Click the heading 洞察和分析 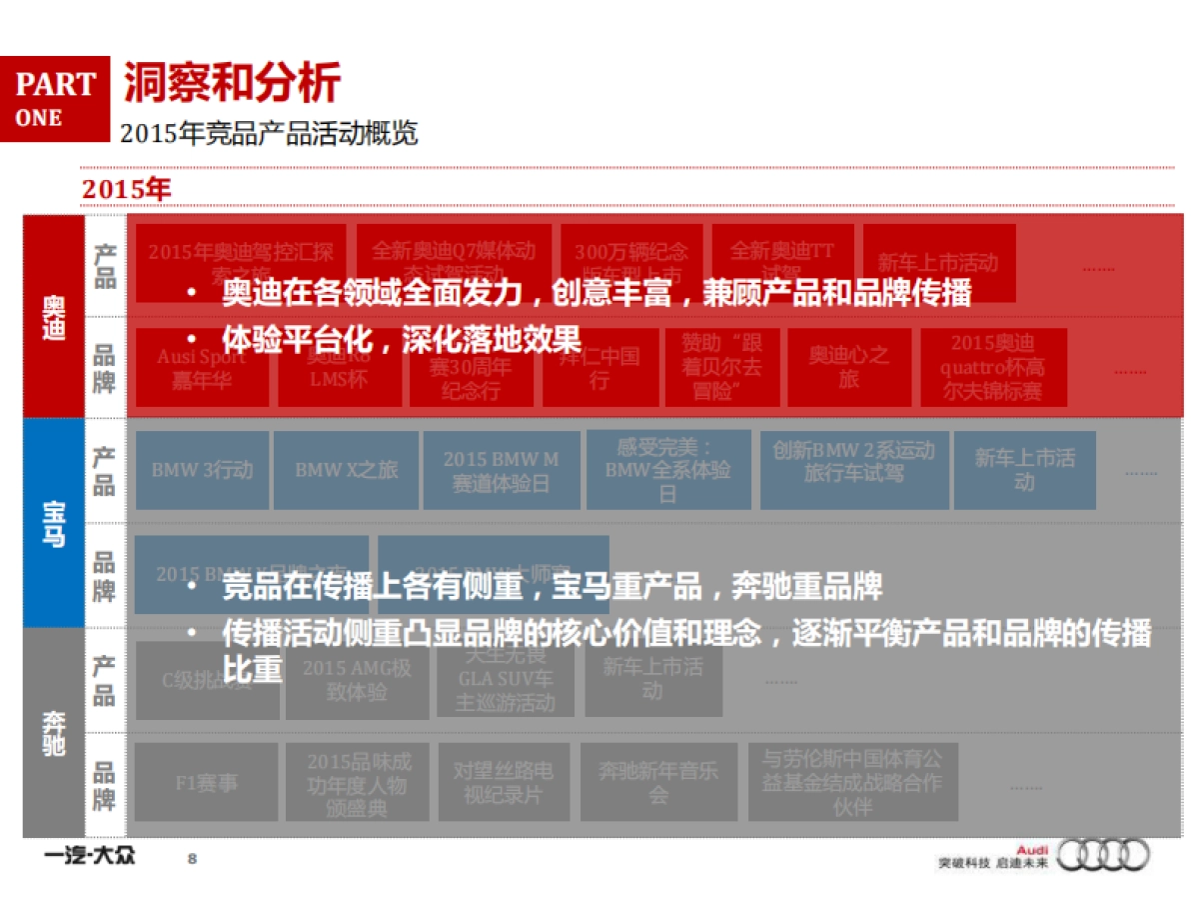pos(231,82)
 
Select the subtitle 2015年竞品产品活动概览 pos(268,134)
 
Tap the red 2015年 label pos(127,189)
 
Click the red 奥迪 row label pos(54,316)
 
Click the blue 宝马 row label pos(54,522)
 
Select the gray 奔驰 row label pos(54,732)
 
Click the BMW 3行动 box pos(202,470)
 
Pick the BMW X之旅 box pos(346,470)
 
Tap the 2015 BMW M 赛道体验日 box pos(501,471)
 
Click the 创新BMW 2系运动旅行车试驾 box pos(854,462)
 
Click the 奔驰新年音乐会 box pos(657,783)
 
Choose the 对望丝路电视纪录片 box pos(503,783)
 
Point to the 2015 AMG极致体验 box pos(357,680)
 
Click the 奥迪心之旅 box pos(848,367)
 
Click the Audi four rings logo pos(1103,855)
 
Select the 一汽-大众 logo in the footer pos(89,856)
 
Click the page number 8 pos(193,858)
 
